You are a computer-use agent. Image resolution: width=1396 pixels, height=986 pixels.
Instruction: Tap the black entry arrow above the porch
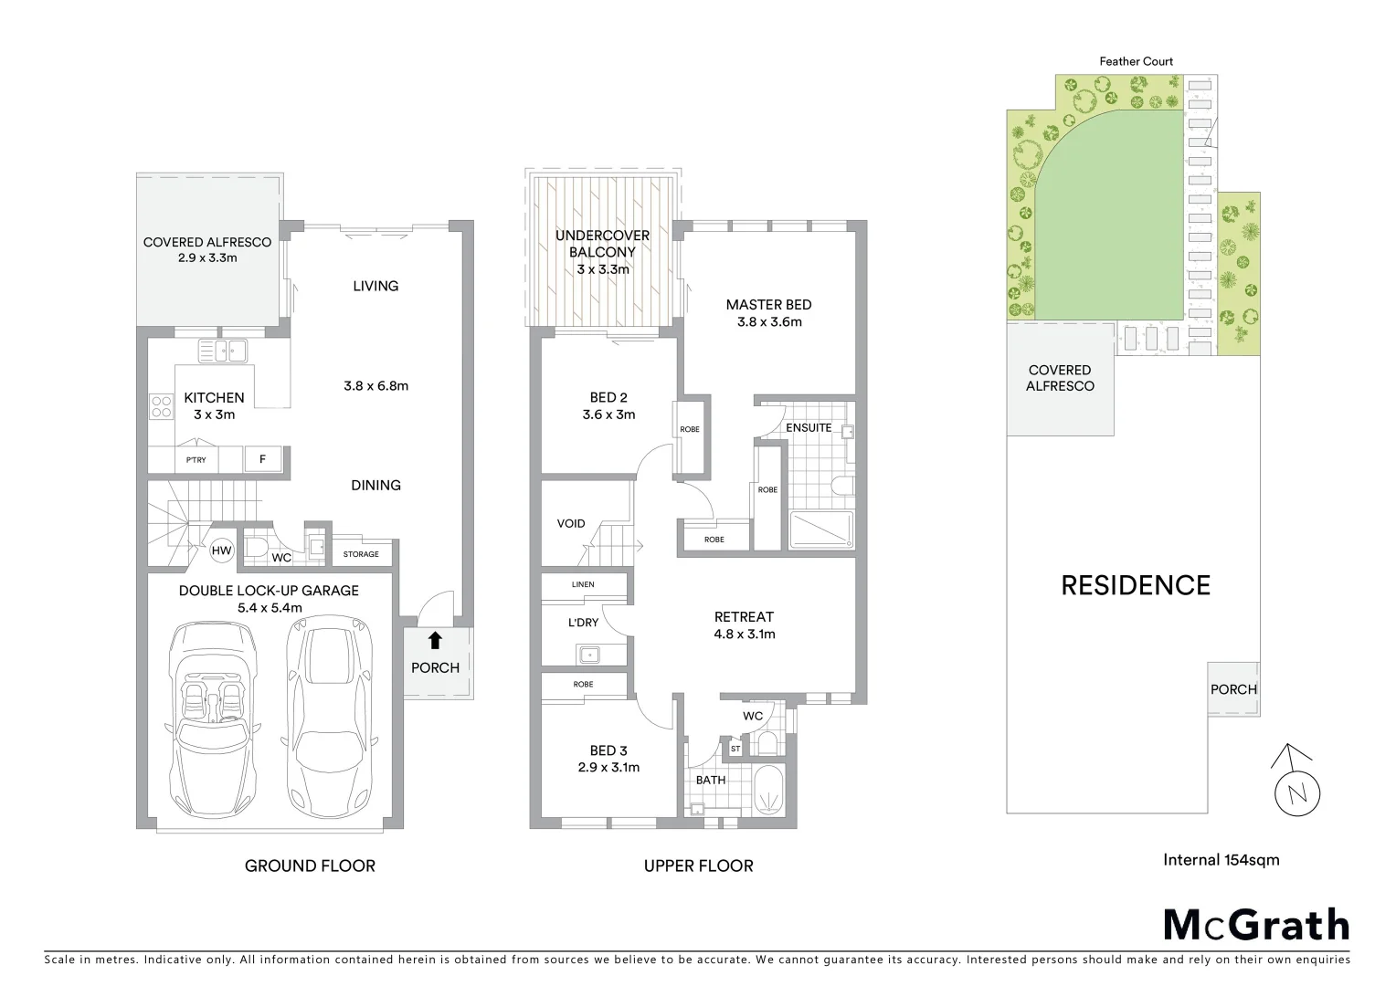coord(435,641)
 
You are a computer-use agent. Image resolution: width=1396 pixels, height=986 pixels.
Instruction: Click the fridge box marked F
coord(262,459)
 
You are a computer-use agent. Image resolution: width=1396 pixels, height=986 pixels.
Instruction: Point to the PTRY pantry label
coord(196,460)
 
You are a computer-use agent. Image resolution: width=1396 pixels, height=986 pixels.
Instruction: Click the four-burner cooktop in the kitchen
coord(162,405)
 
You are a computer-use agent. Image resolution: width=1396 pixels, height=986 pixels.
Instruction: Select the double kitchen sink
coord(222,350)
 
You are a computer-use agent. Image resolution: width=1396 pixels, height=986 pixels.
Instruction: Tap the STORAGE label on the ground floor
coord(361,554)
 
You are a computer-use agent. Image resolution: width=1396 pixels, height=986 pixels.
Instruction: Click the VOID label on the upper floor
coord(571,524)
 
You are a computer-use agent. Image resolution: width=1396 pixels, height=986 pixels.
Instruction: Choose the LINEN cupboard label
coord(583,584)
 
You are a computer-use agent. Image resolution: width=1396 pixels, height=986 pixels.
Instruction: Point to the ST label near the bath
coord(735,750)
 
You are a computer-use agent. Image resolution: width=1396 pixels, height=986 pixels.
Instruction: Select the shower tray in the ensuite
coord(821,530)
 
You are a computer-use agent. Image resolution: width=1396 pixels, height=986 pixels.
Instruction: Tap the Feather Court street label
coord(1136,61)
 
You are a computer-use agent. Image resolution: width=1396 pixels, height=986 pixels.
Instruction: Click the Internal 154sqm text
coord(1221,859)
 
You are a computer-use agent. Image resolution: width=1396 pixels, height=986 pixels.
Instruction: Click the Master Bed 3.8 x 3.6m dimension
coord(768,322)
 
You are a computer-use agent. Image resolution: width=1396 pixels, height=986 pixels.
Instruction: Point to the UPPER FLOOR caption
coord(698,865)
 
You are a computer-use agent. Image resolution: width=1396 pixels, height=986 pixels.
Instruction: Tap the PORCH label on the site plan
coord(1233,689)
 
